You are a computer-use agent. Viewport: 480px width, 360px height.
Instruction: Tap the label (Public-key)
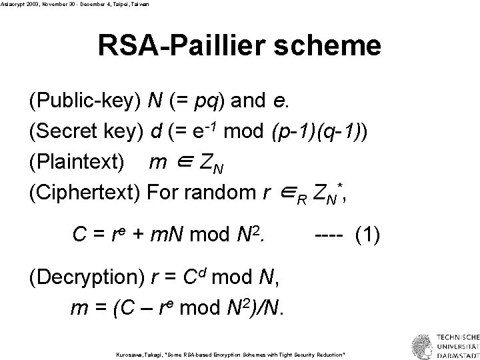tap(84, 101)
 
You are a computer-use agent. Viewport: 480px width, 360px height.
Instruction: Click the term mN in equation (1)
tap(173, 235)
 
